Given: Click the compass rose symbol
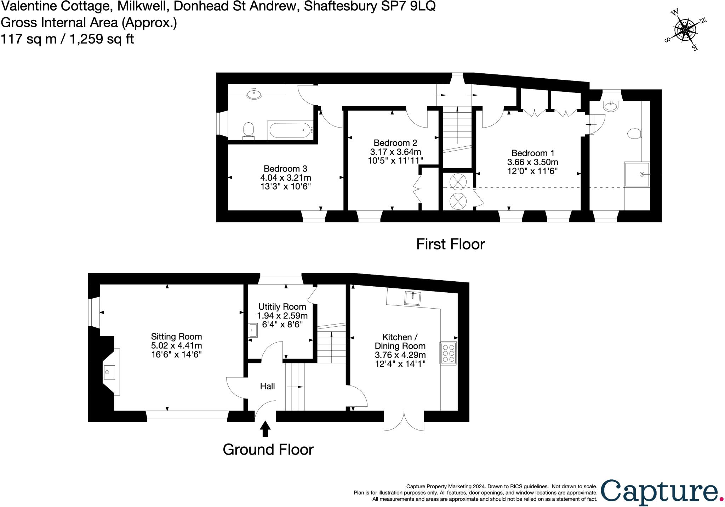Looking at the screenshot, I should click(x=685, y=30).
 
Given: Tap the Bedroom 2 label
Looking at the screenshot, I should click(x=395, y=143).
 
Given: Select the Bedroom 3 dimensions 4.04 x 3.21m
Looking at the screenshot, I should click(x=285, y=178).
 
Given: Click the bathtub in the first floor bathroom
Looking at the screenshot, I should click(x=290, y=130).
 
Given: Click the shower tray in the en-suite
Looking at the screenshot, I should click(x=637, y=174).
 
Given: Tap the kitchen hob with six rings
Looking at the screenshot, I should click(x=448, y=353).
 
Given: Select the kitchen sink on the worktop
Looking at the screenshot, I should click(x=413, y=298).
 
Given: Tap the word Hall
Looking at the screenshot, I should click(x=267, y=386).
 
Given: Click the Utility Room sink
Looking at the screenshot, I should click(x=253, y=330).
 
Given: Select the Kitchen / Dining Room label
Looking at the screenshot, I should click(x=400, y=342).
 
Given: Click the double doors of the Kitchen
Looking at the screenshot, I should click(x=404, y=421).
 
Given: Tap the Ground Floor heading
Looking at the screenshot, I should click(x=268, y=450).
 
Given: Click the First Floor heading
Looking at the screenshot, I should click(x=450, y=244).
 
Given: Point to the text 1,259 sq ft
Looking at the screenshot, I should click(x=102, y=39).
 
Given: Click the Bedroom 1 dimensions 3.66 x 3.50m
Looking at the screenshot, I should click(x=532, y=162).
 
